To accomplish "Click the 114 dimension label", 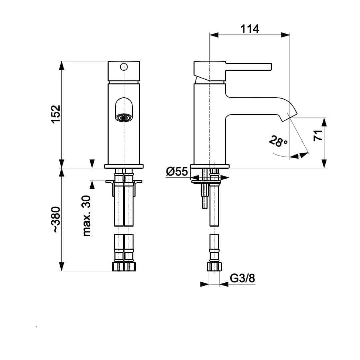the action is point(250,29).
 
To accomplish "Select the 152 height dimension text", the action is point(56,115).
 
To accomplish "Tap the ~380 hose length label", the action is point(56,220).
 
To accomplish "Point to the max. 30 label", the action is point(87,216).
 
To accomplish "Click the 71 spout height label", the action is point(318,135).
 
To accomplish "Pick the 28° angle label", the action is point(278,141).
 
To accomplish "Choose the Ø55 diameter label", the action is point(177,171).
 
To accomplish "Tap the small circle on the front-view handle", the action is point(124,67).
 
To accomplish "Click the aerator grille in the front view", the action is point(124,118).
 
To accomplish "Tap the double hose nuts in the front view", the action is point(124,266).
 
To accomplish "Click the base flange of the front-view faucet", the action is point(124,166).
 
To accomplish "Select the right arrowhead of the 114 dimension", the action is point(285,35).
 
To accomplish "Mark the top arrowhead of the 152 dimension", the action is point(61,65).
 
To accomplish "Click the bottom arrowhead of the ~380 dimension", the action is point(61,267).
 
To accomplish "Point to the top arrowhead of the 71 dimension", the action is point(324,122).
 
